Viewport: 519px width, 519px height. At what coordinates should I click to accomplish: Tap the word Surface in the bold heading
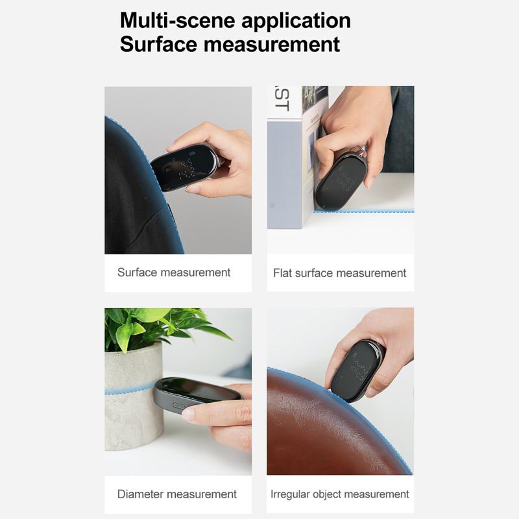coord(158,44)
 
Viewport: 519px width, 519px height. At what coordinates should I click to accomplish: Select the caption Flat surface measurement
coord(339,273)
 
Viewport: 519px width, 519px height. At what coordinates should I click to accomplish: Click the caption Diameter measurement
coord(176,494)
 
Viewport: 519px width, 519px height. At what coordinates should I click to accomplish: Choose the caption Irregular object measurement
coord(339,494)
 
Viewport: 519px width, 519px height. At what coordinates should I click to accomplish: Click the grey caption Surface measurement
coord(174,272)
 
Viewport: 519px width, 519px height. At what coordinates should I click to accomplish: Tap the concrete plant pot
coord(134,396)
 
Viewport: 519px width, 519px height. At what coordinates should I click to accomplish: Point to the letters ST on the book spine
coord(282,99)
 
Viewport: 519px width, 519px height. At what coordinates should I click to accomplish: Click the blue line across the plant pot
coord(130,389)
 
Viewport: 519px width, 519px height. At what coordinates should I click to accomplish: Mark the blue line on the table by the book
coord(363,210)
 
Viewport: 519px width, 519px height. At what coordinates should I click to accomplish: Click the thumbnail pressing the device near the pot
coord(189,413)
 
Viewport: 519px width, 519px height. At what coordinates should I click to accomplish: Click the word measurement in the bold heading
coord(271,45)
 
